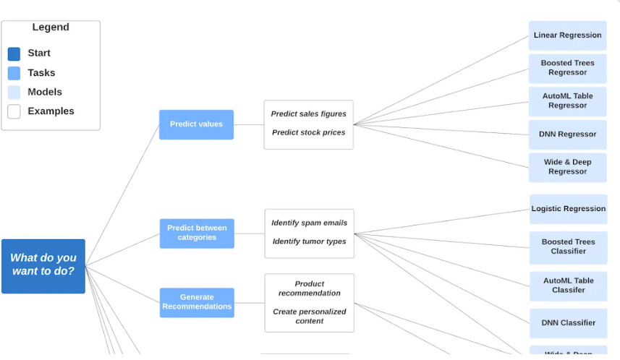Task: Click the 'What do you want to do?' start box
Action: pos(43,266)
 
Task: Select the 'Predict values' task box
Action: pos(196,124)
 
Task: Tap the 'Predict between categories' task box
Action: pos(197,233)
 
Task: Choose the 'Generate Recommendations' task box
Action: pos(197,302)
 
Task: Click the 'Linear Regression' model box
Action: pos(567,35)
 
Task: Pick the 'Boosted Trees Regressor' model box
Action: pos(567,68)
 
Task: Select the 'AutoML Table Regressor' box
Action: pos(567,101)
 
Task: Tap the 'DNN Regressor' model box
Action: pos(567,134)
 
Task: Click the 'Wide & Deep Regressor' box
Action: pos(567,167)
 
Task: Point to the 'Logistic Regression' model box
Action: pos(568,209)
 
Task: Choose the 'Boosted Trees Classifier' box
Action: pos(568,247)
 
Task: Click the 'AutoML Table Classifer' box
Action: pos(568,286)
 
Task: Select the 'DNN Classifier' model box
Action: pos(568,323)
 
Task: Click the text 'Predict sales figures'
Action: pos(308,114)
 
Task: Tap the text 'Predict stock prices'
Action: pos(308,133)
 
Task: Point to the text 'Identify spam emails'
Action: pos(309,223)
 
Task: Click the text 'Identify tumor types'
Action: pos(309,242)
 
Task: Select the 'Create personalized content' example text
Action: pos(309,317)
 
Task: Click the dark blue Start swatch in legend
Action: pos(14,53)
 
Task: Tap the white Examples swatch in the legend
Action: pos(14,111)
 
